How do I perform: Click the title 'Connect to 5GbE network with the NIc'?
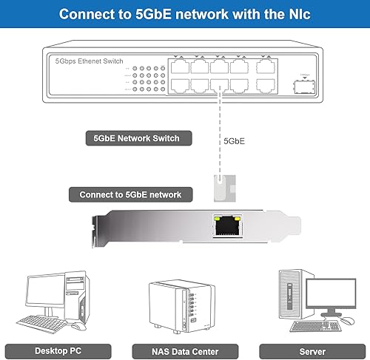click(185, 14)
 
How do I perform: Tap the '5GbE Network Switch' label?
click(132, 137)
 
